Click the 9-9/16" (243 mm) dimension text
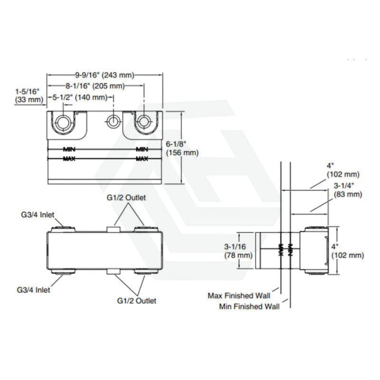[x=105, y=75]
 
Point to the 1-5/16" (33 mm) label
[x=27, y=95]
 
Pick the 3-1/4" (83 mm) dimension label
[x=347, y=190]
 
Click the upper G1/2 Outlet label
[x=126, y=198]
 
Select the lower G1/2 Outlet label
[x=136, y=301]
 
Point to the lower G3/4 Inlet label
[x=33, y=289]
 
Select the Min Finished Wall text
[x=249, y=306]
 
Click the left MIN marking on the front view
[x=69, y=149]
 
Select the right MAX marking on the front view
[x=142, y=158]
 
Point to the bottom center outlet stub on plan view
[x=113, y=272]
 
